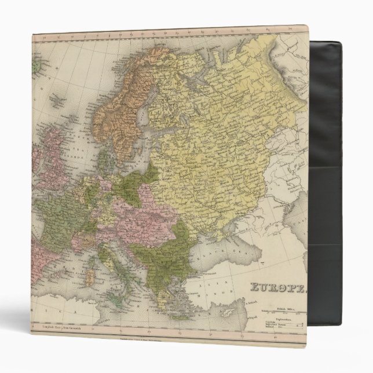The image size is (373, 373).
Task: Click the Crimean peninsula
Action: (x=218, y=232)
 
